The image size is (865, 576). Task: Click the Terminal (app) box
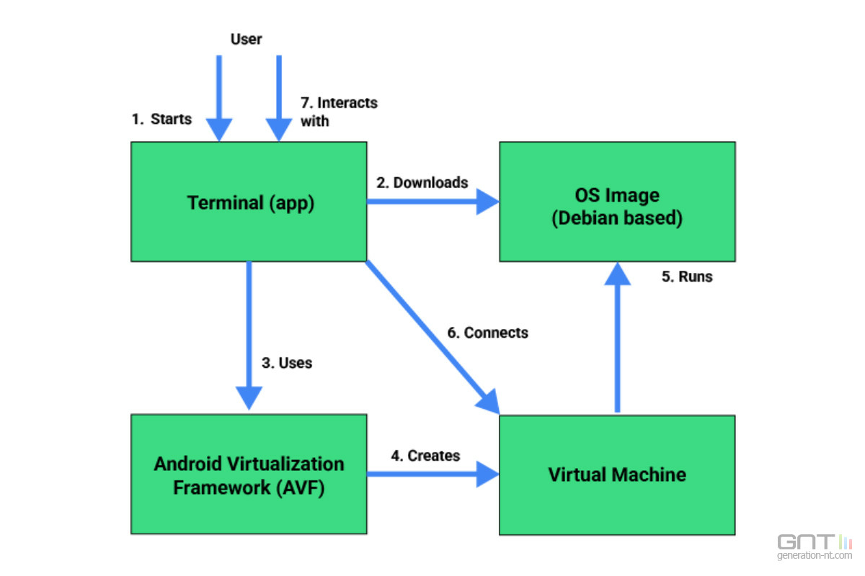(249, 202)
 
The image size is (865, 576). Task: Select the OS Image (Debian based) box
(617, 202)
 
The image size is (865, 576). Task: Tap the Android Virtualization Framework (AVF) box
(249, 474)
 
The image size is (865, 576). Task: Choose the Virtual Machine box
(617, 475)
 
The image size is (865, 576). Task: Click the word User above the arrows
(246, 39)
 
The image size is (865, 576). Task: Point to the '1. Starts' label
(161, 119)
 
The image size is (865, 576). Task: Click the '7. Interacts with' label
(339, 112)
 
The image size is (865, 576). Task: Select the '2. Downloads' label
(422, 182)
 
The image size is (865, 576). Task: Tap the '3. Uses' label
(287, 363)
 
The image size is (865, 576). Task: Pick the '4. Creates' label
(425, 456)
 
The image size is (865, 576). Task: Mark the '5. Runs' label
(687, 276)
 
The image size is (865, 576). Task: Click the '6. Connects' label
(487, 333)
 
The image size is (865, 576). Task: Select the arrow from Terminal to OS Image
(433, 202)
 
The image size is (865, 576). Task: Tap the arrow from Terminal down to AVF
(249, 336)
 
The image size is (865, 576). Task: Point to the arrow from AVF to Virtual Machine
(433, 474)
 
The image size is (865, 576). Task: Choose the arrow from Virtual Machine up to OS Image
(618, 338)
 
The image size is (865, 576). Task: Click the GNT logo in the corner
(815, 541)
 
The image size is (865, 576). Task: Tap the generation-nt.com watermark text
(815, 555)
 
